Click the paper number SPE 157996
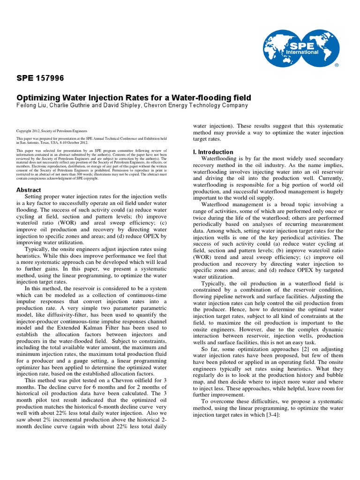click(x=40, y=78)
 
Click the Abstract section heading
click(x=29, y=190)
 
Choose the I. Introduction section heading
click(x=213, y=152)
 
